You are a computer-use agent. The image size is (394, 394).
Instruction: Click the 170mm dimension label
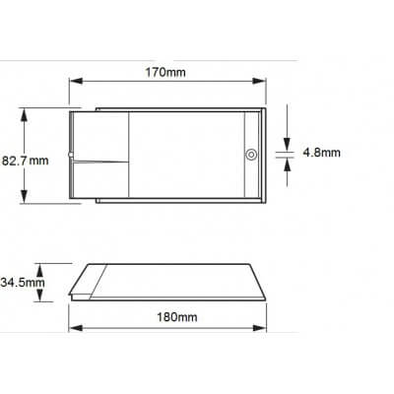point(166,72)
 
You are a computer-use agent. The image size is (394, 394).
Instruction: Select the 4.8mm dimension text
point(321,154)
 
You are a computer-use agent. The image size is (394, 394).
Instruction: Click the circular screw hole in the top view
point(250,155)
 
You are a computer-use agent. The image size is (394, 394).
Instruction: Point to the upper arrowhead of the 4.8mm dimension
point(286,146)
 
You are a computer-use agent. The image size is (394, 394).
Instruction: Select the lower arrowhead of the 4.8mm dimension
point(286,163)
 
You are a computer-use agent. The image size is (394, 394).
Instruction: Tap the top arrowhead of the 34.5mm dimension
point(39,265)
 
